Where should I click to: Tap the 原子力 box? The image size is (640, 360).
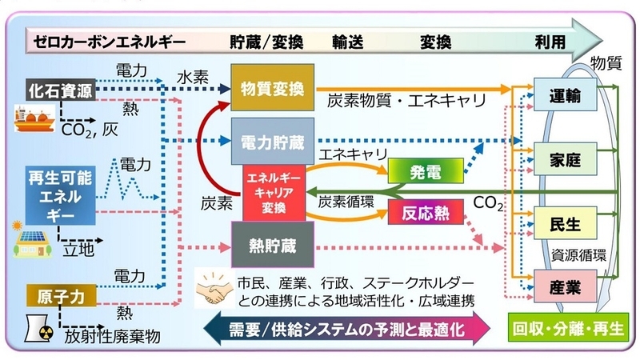click(61, 295)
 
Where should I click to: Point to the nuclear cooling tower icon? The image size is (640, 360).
click(42, 328)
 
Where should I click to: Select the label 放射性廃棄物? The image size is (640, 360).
click(112, 335)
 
